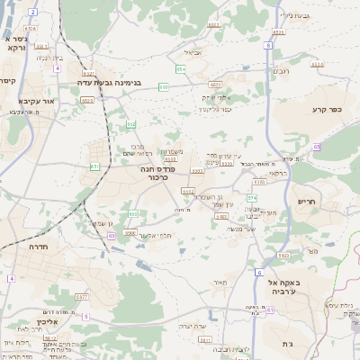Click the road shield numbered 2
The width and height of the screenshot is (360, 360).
pyautogui.click(x=32, y=12)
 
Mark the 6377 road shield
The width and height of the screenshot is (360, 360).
pyautogui.click(x=81, y=296)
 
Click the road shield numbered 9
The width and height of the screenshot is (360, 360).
pyautogui.click(x=86, y=316)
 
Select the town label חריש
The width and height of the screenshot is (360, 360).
pyautogui.click(x=306, y=202)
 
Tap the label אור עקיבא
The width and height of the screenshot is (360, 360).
pyautogui.click(x=37, y=101)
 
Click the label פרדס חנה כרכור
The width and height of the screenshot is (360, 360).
pyautogui.click(x=158, y=173)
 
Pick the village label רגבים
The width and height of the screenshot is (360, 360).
pyautogui.click(x=282, y=71)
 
